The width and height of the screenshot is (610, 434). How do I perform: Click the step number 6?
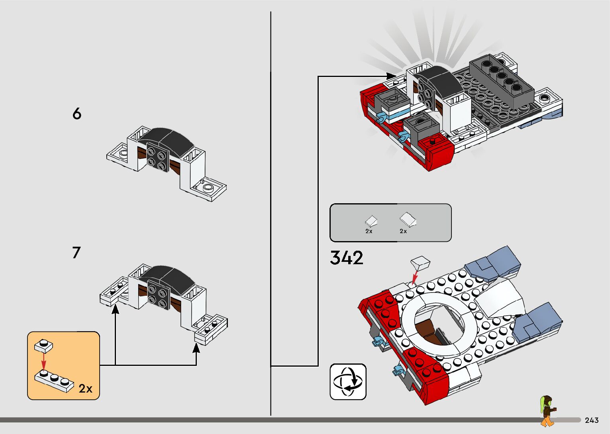pos(77,114)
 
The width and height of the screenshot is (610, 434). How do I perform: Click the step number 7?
pos(76,253)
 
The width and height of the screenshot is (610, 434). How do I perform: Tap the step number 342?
pos(347,258)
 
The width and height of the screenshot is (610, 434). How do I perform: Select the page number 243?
pos(592,420)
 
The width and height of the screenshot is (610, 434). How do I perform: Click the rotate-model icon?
pos(348,382)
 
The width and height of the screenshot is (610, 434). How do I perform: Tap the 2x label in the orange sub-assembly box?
pos(85,389)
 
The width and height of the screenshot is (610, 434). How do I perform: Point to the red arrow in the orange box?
pos(44,361)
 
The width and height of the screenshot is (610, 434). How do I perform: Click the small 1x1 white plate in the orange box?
pos(43,346)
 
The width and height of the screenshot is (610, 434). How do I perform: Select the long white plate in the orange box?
pos(54,380)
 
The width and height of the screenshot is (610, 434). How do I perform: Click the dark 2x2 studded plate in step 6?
pos(157,158)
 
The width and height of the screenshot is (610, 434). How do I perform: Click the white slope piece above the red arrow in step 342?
pos(420,263)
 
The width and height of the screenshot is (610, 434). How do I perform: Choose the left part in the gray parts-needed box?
pos(371,221)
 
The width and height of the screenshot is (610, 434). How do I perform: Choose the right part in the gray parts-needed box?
pos(408,219)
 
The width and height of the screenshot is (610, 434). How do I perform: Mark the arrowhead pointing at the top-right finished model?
pos(392,76)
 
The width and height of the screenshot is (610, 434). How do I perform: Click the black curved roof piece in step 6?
pos(167,138)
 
